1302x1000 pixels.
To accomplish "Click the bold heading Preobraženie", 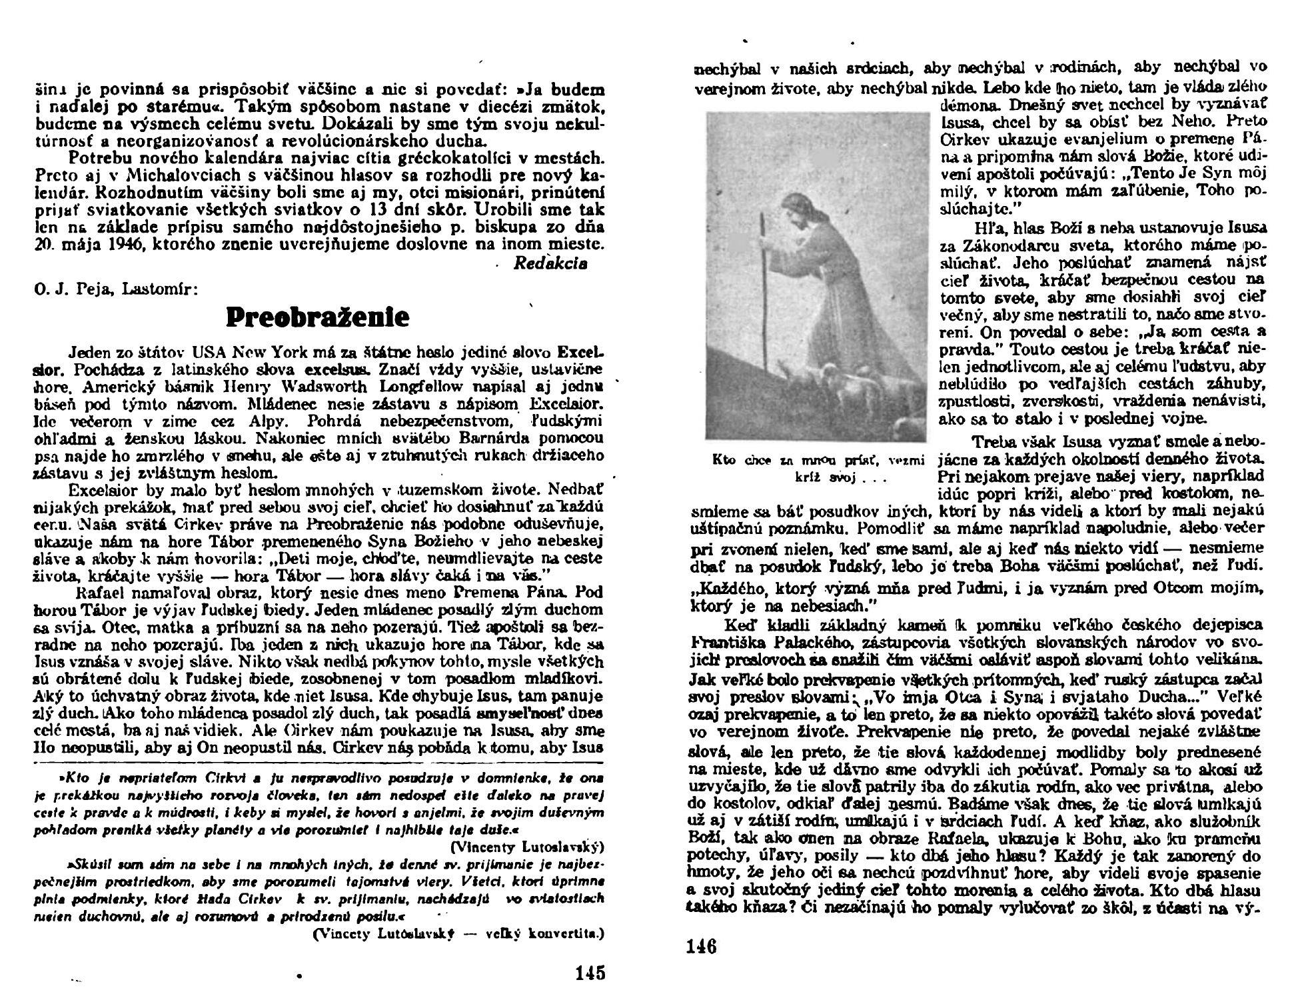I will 317,317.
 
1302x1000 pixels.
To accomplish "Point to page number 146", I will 701,947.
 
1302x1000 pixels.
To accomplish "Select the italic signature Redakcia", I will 550,263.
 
